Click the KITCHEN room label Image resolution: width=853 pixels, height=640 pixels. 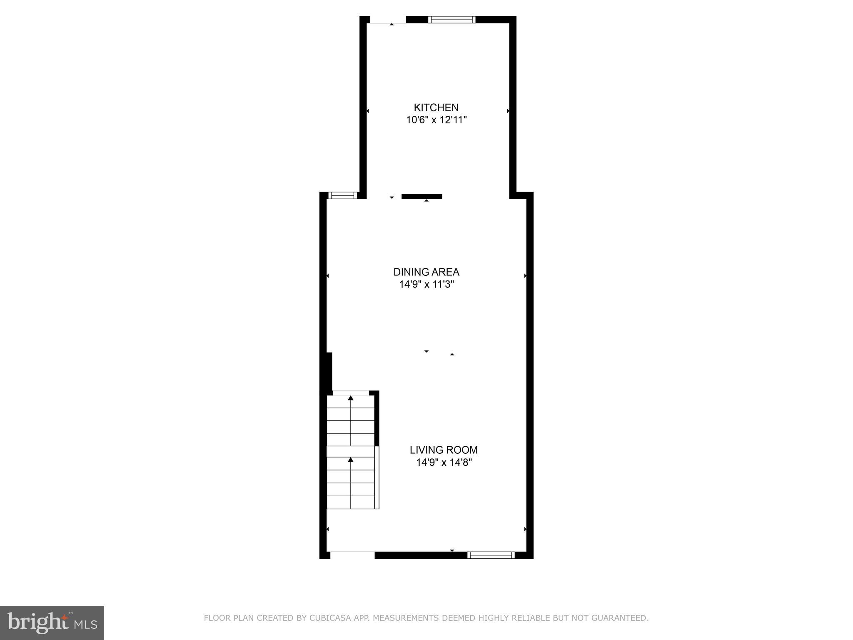tap(436, 107)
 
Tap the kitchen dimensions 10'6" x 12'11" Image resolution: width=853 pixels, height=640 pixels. tap(436, 120)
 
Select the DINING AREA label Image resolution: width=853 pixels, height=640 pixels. tap(426, 272)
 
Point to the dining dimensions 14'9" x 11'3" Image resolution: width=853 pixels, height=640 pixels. tap(426, 285)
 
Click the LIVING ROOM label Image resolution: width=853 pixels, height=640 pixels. tap(444, 450)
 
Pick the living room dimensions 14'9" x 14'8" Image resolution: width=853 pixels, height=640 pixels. tap(444, 462)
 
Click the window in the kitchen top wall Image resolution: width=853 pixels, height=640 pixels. tap(451, 19)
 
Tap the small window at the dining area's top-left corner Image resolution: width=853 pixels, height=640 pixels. tap(343, 195)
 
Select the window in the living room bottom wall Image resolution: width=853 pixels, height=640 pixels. tap(491, 555)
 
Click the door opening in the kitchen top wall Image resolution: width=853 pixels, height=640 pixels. tap(387, 20)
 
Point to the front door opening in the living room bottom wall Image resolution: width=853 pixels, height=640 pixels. tap(352, 555)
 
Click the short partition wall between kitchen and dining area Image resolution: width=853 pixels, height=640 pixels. tap(422, 197)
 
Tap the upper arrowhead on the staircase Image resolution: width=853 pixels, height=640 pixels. tap(351, 398)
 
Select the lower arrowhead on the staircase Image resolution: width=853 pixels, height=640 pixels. tap(351, 460)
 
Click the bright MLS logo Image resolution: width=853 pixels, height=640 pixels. tap(52, 622)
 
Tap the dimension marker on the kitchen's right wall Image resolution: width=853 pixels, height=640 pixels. tap(508, 111)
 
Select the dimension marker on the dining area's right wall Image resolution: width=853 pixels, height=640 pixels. tap(525, 276)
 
